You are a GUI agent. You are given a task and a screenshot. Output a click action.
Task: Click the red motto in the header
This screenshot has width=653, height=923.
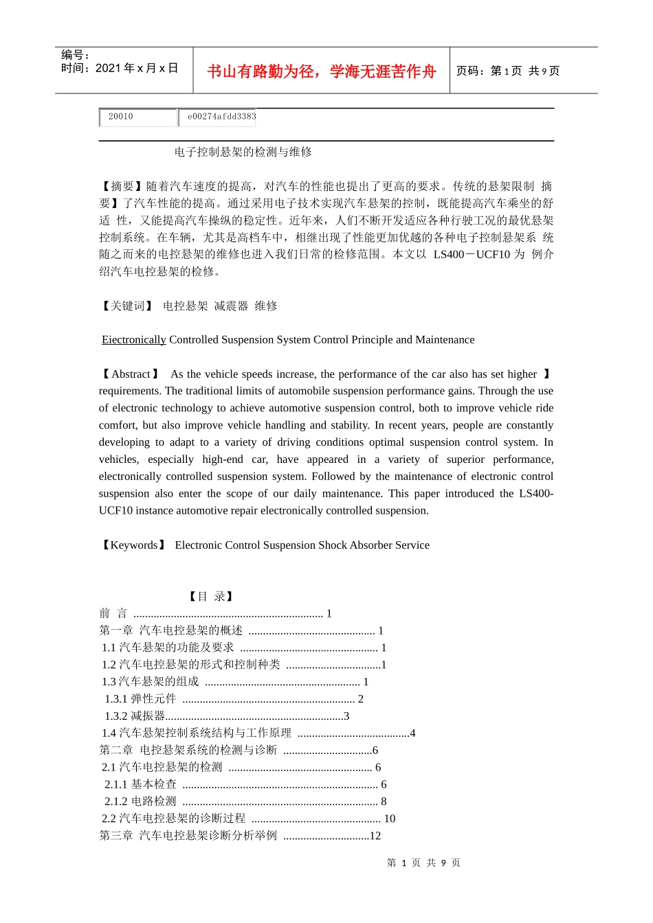pos(321,71)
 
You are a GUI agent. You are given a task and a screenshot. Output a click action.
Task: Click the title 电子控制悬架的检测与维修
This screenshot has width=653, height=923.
pos(243,152)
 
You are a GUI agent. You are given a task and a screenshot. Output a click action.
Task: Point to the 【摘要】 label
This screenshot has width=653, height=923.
pos(122,186)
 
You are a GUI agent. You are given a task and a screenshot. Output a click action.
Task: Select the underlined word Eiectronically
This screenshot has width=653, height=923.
pos(134,339)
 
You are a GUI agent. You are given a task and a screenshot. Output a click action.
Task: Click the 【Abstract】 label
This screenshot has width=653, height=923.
pos(131,374)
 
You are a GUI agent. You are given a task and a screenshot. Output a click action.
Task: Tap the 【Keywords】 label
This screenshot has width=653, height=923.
pos(134,545)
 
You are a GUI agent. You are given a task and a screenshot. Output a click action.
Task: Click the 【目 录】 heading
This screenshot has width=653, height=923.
pos(211,596)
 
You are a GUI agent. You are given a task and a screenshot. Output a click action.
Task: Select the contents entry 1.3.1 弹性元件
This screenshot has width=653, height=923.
pos(141,698)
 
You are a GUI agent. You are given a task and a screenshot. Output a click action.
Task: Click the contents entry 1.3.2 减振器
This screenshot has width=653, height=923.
pos(135,716)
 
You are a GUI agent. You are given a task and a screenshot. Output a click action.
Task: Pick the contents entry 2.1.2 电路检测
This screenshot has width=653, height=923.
pos(141,801)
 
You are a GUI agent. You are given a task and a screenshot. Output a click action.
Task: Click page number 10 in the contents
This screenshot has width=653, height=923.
pos(389,818)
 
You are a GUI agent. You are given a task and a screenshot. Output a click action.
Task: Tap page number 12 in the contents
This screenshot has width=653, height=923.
pos(375,835)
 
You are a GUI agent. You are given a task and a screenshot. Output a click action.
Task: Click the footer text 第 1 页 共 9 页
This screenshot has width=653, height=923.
pos(423,863)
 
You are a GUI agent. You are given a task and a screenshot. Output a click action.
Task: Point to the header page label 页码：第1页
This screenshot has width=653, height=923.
pos(489,71)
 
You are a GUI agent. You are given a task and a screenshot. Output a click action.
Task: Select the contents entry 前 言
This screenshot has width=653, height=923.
pos(113,613)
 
